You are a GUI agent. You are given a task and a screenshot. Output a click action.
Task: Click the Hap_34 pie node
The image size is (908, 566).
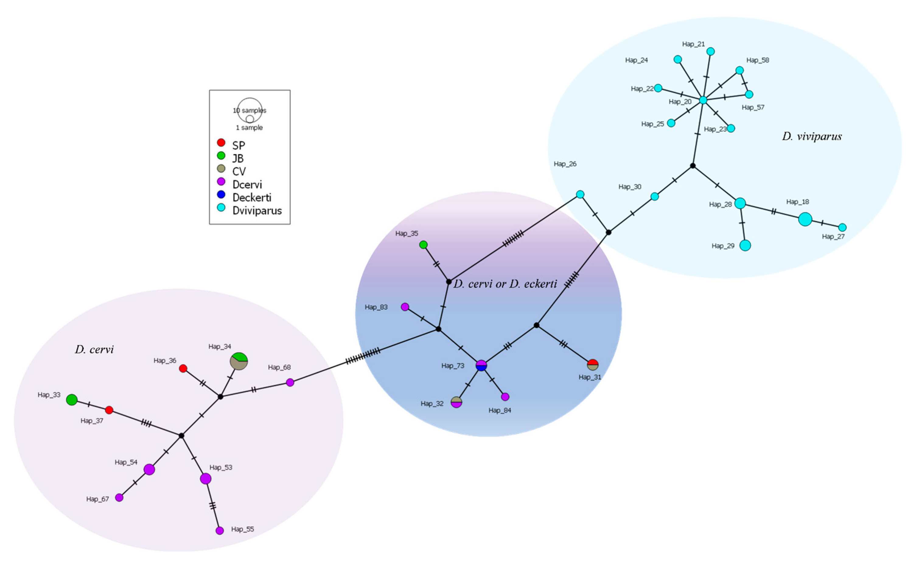[x=239, y=361]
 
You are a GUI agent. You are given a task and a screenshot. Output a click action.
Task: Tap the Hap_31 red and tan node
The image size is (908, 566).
[x=593, y=365]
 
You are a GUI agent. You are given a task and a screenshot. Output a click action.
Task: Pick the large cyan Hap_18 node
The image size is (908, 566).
[x=805, y=219]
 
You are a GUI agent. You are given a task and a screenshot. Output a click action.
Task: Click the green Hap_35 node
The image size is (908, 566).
[x=423, y=245]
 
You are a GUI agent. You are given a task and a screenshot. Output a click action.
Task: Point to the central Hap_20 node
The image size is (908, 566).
[x=703, y=100]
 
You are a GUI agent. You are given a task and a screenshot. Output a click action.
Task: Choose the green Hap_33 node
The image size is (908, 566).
[x=72, y=400]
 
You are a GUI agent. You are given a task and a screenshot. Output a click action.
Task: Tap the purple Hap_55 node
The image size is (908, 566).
[x=220, y=530]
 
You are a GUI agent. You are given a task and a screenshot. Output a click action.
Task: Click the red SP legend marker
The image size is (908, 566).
[x=221, y=143]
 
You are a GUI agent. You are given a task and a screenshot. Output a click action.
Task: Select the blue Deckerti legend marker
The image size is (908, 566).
[x=221, y=194]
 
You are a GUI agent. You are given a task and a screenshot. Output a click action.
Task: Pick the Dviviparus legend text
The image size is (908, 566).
[x=257, y=211]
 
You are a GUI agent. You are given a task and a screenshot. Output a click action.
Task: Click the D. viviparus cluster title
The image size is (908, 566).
[x=812, y=136]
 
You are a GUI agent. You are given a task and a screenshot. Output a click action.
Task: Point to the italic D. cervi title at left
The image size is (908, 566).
[x=94, y=350]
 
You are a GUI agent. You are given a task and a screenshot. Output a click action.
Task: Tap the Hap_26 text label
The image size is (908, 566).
[x=565, y=164]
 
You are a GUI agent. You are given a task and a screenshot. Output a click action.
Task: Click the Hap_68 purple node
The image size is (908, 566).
[x=290, y=383]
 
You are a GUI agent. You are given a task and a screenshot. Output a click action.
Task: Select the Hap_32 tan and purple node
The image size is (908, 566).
[x=456, y=402]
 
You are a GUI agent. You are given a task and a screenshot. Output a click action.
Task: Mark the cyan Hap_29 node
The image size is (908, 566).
[x=745, y=245]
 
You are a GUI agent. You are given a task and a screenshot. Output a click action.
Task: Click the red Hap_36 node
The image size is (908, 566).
[x=183, y=368]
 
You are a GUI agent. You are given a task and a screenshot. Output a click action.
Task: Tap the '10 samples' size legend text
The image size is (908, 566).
[x=250, y=110]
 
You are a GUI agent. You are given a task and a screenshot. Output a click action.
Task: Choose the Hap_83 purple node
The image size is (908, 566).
[x=405, y=307]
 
